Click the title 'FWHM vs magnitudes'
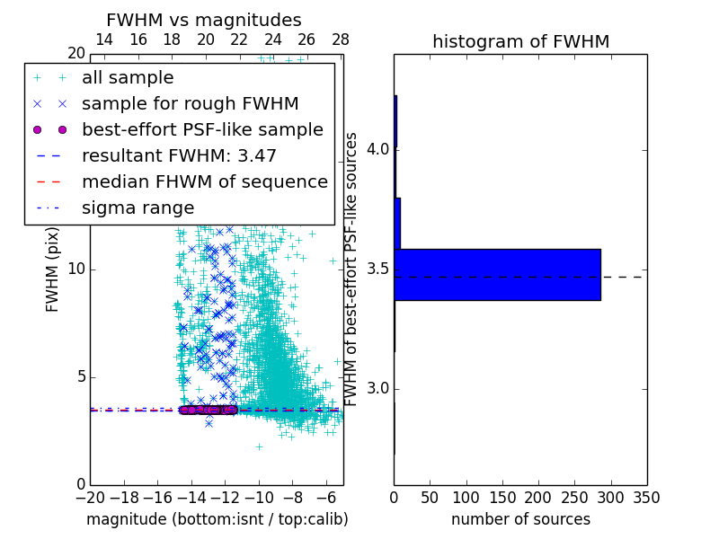coord(203,20)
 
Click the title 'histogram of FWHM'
coord(520,41)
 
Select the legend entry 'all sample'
coord(128,78)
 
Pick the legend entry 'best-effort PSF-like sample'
coord(202,129)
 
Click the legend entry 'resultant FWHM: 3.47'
coord(179,155)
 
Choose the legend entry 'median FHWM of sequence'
coord(204,181)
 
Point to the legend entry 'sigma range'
coord(138,208)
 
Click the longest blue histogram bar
coord(497,274)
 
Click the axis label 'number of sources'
coord(520,519)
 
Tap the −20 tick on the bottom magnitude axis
coord(90,497)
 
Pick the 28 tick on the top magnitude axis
coord(341,40)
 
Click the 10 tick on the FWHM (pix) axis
coord(76,269)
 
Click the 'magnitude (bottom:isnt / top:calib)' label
coord(217,519)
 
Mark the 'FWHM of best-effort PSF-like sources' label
coord(352,269)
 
